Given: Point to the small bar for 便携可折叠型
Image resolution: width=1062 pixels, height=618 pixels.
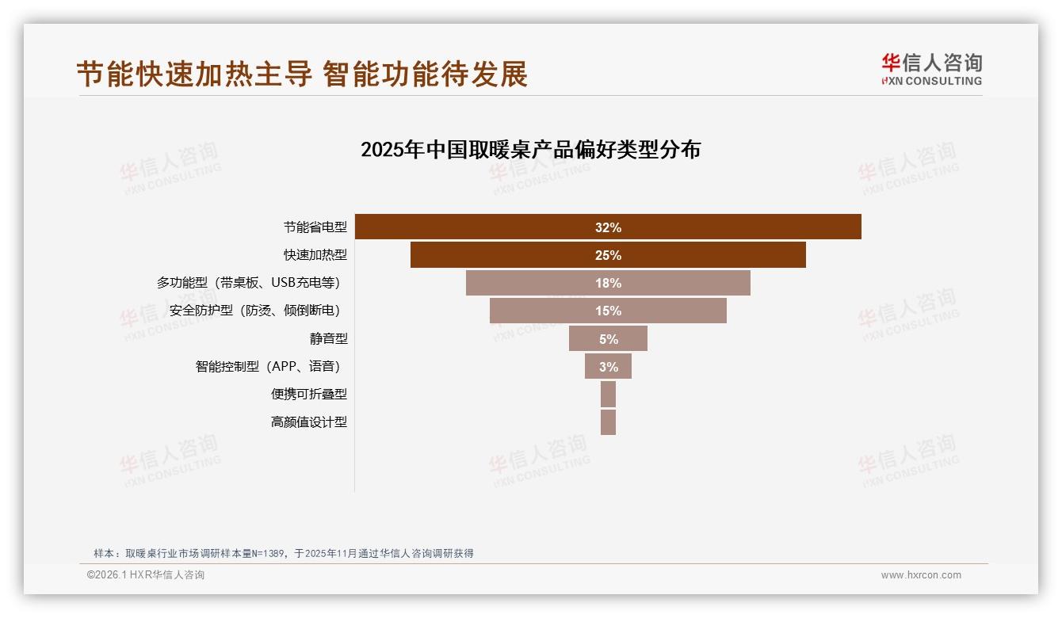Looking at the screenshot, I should [608, 394].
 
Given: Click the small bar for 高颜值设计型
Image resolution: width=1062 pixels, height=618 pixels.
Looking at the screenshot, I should [608, 422].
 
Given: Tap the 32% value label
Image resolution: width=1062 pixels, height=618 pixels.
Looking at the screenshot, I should [608, 227].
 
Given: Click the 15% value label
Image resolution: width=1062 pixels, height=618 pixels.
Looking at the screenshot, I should [608, 311].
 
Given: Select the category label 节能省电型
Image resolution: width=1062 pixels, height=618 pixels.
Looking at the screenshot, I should [315, 227].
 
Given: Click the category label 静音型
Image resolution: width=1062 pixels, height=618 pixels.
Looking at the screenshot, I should [328, 338].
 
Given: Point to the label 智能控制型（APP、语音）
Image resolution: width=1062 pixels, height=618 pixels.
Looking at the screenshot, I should [271, 366].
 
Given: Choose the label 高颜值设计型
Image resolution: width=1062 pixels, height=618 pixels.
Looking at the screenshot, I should [309, 422].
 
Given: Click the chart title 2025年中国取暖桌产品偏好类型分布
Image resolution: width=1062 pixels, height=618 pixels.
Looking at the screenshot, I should [530, 150].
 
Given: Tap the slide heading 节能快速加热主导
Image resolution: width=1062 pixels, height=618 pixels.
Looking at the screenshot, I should [194, 74].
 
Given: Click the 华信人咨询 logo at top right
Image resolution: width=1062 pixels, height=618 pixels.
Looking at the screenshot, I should [931, 69].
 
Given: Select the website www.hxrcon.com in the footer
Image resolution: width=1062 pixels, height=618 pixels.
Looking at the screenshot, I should [921, 575].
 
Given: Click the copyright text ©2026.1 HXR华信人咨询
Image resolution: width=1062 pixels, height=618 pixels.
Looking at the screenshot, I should [145, 575].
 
